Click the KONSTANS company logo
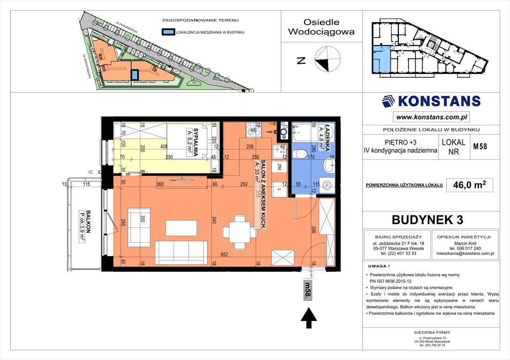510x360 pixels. tap(431, 101)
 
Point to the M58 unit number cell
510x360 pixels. tap(480, 146)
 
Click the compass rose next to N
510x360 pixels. tap(327, 60)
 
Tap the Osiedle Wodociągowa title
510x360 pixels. tap(321, 27)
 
